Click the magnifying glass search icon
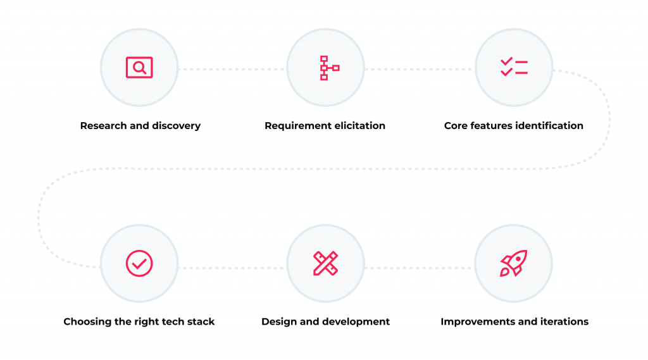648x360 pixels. click(x=139, y=67)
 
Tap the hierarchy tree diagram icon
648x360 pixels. click(x=329, y=68)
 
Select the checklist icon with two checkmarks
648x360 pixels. click(x=514, y=67)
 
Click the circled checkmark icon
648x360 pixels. click(x=139, y=263)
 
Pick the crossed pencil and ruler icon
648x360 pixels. click(x=326, y=263)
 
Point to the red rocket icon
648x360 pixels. click(x=514, y=263)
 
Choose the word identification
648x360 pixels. click(x=549, y=126)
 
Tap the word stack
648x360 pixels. click(x=202, y=321)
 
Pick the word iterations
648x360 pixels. click(x=567, y=321)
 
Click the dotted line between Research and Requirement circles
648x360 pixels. click(x=232, y=70)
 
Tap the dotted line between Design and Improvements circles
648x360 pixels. click(x=420, y=268)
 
